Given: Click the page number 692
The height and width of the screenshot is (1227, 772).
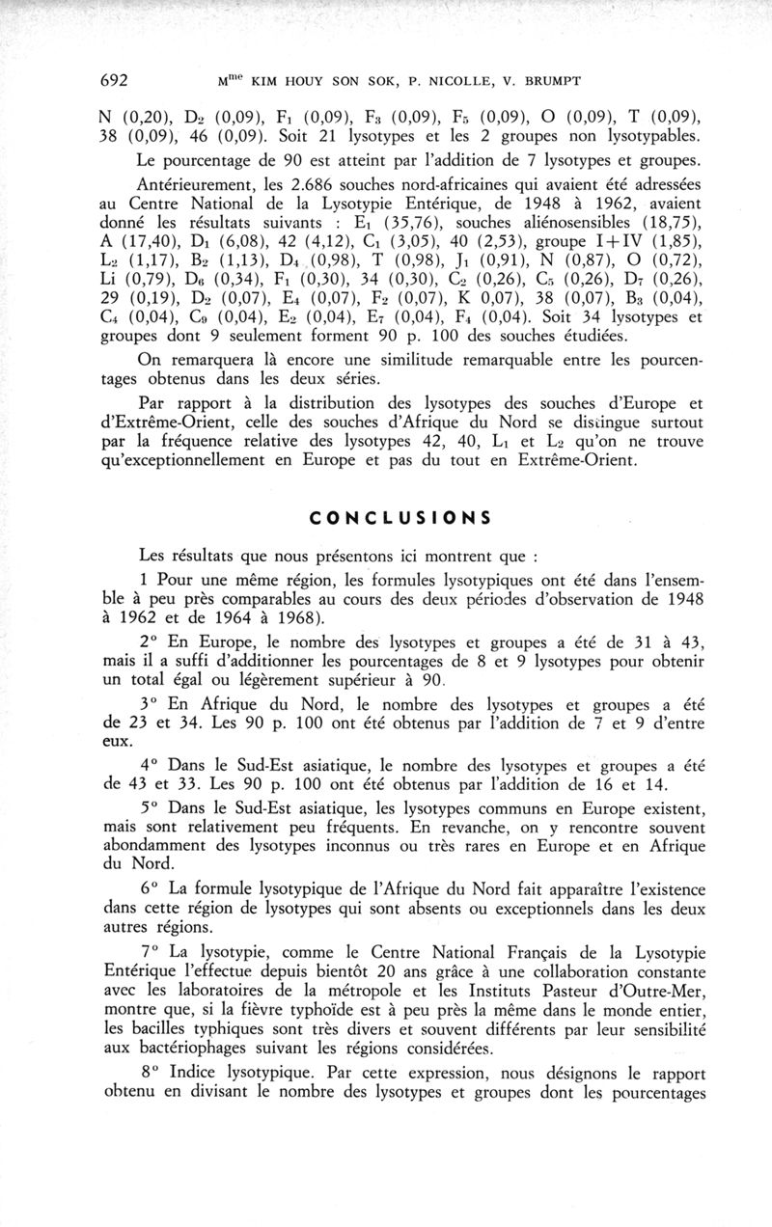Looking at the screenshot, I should [x=120, y=81].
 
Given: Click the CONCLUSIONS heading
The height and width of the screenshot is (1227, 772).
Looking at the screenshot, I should [x=400, y=517].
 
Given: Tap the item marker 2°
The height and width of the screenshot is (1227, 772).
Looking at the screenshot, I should [x=151, y=643].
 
